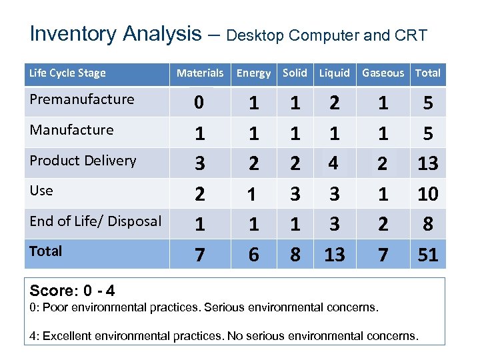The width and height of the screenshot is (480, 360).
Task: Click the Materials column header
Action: tap(200, 73)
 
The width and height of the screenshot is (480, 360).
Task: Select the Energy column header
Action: tap(254, 73)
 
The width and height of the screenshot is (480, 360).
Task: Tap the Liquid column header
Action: tap(334, 73)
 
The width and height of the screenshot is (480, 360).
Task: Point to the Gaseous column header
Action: tap(383, 73)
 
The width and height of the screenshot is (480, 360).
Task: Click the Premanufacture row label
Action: tap(82, 99)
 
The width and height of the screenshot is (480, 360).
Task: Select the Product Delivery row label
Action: tap(83, 161)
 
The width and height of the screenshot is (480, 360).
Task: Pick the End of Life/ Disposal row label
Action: tap(95, 221)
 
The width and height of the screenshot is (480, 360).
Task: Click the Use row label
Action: tap(41, 191)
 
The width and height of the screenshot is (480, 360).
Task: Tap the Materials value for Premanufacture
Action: tap(199, 104)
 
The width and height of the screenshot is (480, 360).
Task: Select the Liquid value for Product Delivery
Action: tap(335, 164)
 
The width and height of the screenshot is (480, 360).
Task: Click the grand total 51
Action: tap(427, 255)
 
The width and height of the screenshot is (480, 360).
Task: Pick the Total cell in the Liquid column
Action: tap(335, 255)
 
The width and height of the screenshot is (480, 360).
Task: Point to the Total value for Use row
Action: tap(427, 195)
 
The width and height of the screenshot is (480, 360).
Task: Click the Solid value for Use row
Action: tap(295, 195)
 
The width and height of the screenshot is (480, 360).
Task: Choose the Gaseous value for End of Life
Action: tap(383, 225)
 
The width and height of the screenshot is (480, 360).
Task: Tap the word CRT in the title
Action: tap(411, 35)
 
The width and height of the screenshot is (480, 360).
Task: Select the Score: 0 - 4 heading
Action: tap(72, 291)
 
